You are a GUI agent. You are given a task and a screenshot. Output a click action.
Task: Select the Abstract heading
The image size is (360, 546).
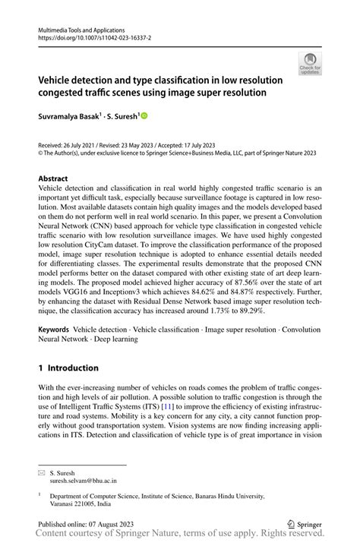tap(57, 178)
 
